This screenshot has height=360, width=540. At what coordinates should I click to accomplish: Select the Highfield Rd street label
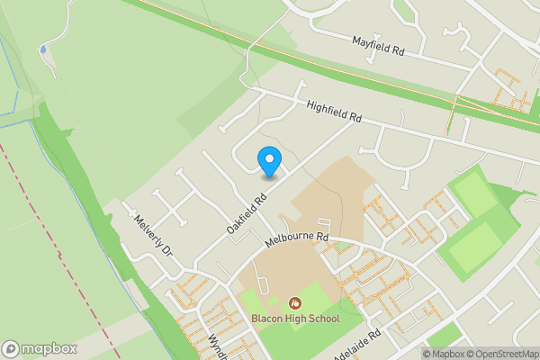(x=333, y=111)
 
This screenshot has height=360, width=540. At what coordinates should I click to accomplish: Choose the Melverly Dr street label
(x=151, y=235)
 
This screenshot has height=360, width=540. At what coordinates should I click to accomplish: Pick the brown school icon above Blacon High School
(x=294, y=303)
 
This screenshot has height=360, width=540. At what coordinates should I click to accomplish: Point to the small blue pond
(x=43, y=49)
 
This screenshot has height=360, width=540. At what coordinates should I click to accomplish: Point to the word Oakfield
(x=243, y=218)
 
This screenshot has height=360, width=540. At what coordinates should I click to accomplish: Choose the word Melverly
(x=147, y=230)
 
